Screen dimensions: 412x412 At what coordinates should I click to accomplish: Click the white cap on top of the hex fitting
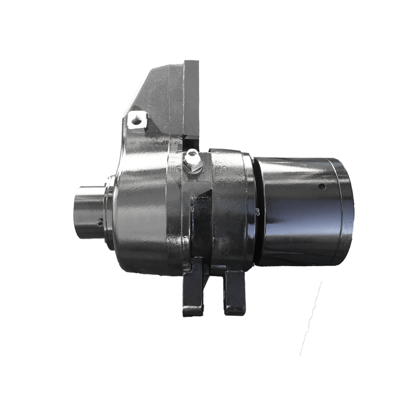coord(192,153)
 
